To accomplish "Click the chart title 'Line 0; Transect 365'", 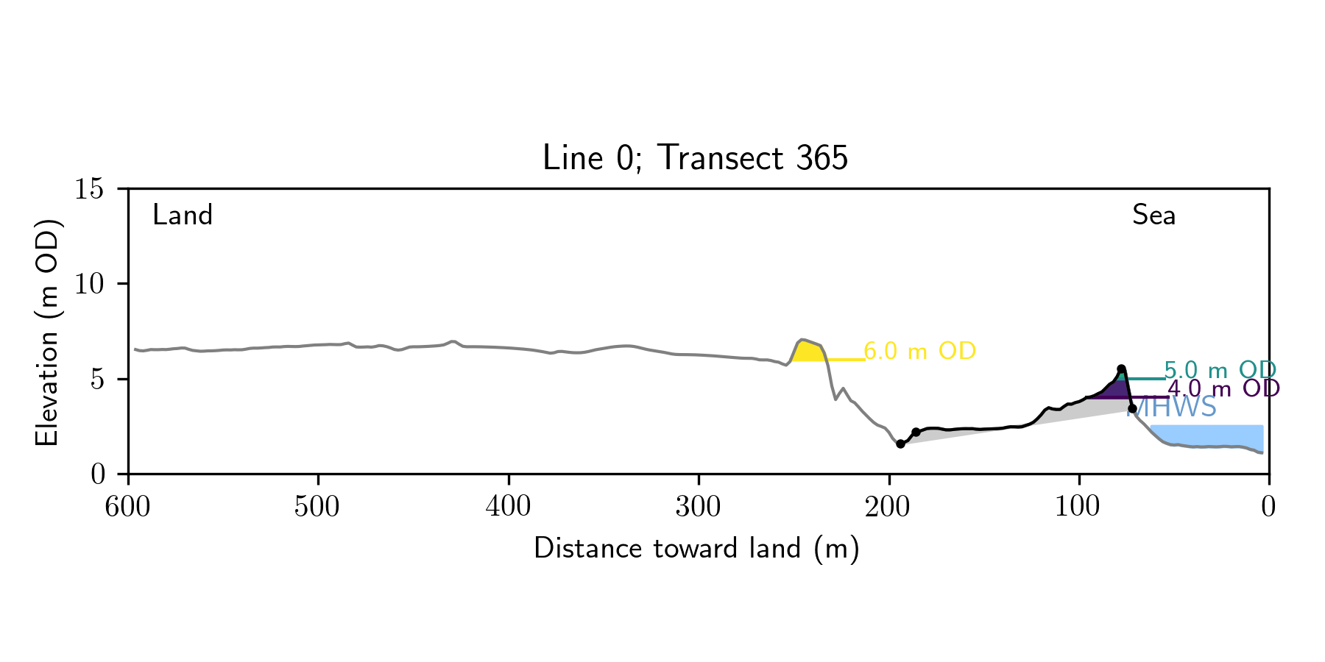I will pos(695,158).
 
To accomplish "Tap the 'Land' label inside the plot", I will pos(182,215).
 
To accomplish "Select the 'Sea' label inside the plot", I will pos(1153,215).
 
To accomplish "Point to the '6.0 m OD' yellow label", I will pos(919,351).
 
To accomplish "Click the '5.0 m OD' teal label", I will pos(1220,370).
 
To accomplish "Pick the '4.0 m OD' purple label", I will pos(1223,388).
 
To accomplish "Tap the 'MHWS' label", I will pos(1171,407).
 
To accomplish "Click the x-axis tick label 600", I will pos(128,507).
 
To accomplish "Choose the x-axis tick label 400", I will pos(508,507).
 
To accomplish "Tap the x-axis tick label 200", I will pos(888,507).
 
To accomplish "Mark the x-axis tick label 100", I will pos(1078,507).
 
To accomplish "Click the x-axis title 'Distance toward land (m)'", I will pos(696,549).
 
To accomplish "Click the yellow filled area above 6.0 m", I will pos(806,351).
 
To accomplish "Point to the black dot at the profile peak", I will pos(1121,369).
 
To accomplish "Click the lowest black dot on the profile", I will pos(900,444).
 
